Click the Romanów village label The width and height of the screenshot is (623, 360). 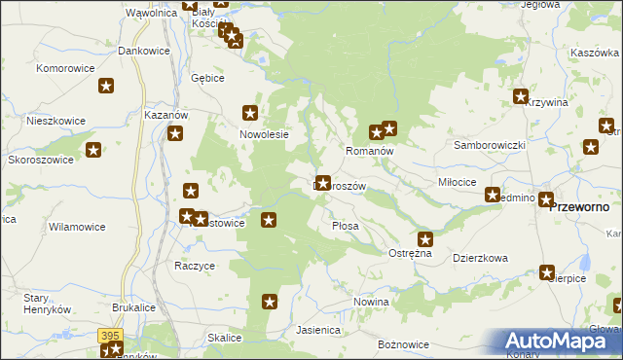pos(369,152)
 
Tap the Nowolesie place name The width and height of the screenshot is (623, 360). pos(265,134)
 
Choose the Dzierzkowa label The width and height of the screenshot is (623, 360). pos(481,258)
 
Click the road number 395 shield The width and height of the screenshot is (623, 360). pos(110,335)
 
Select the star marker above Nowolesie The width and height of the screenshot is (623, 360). pos(251,112)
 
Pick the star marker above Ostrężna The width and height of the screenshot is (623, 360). pos(425,238)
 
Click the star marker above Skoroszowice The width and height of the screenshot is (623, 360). pos(93,150)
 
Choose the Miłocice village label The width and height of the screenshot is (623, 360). pos(457,182)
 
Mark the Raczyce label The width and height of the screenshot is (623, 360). pos(194,265)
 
